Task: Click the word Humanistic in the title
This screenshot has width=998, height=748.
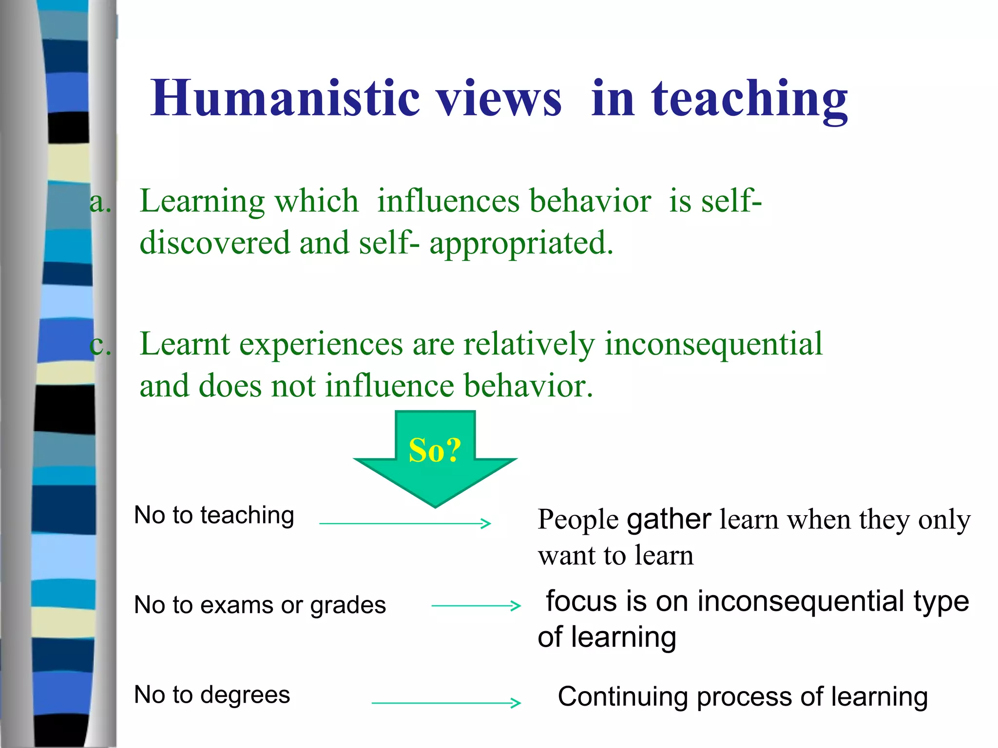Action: (285, 99)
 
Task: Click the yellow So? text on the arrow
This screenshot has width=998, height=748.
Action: (435, 450)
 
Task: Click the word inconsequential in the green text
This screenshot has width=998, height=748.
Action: (713, 344)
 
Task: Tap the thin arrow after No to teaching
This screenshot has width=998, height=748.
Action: (405, 524)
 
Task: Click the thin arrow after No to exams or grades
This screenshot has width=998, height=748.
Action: (476, 606)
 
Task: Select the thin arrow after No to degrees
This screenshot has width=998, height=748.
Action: (446, 703)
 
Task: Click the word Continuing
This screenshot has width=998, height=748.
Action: (622, 697)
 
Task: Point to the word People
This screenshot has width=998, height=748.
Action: (578, 520)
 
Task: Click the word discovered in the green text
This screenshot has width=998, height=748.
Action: (214, 243)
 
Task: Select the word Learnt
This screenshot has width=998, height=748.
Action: (185, 344)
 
